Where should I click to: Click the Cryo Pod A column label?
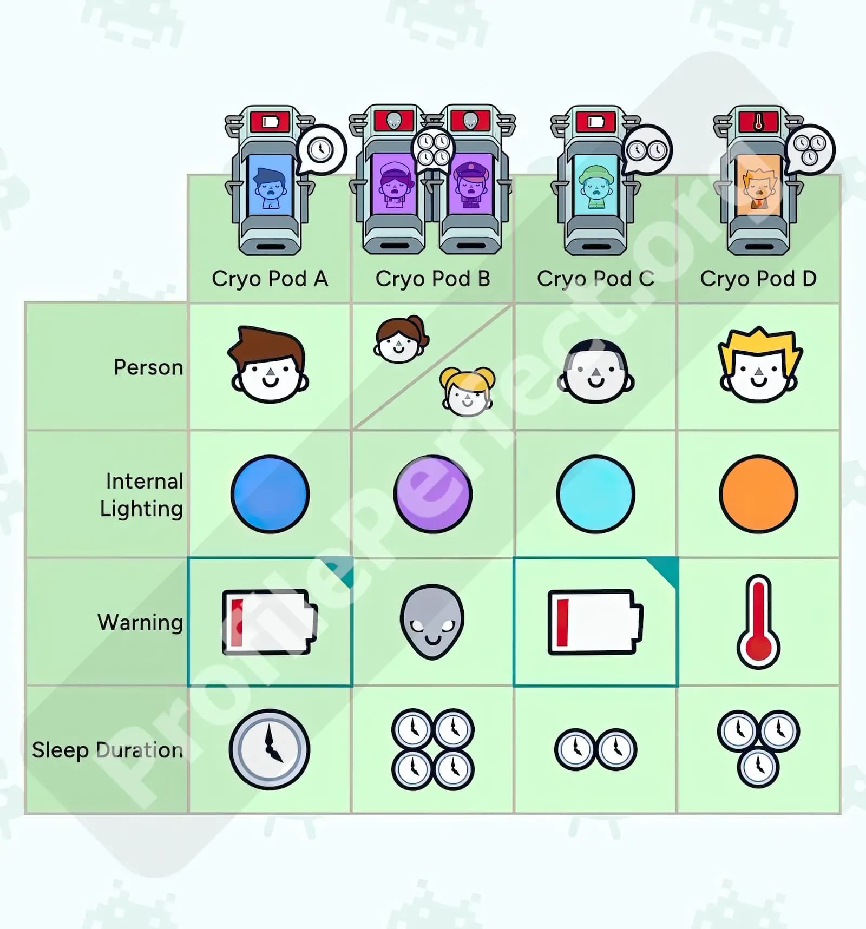pos(270,279)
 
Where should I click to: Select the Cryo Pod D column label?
pos(758,279)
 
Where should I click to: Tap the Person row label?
pos(148,367)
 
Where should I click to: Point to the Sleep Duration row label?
pos(107,750)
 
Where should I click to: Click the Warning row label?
pos(140,622)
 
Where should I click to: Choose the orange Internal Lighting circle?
pos(758,494)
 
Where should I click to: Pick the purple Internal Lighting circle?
pos(432,494)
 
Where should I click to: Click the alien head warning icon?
pos(432,622)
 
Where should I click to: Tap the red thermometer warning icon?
pos(758,622)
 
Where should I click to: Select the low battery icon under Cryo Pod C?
pos(595,622)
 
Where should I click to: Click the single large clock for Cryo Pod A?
pos(269,749)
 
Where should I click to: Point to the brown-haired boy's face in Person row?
pos(269,365)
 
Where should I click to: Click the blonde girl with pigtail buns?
pos(467,391)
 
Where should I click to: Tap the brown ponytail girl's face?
pos(400,339)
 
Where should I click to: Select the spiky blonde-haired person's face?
pos(759,365)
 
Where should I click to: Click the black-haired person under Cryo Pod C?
pos(595,372)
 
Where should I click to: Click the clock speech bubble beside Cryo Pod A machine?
pos(321,149)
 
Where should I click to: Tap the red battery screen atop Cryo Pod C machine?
pos(595,121)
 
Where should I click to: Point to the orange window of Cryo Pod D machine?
pos(758,186)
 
